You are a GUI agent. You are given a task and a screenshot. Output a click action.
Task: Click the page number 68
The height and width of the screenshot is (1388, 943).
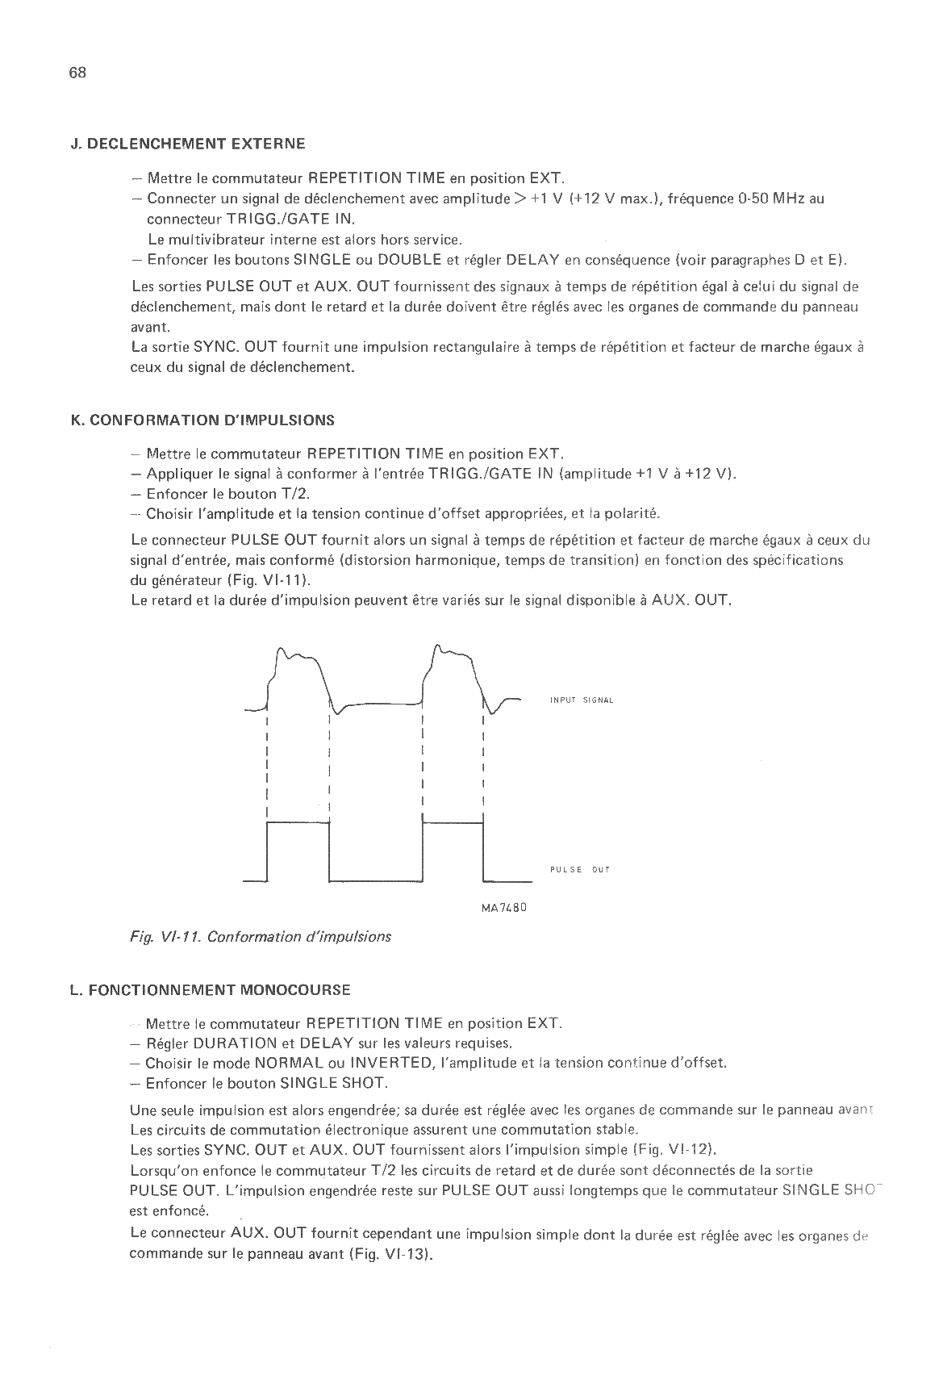tap(77, 73)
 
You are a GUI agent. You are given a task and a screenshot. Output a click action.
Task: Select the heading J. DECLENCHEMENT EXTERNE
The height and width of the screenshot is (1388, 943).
tap(188, 144)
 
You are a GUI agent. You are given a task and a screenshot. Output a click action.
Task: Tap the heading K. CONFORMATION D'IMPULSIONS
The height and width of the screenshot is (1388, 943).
tap(202, 420)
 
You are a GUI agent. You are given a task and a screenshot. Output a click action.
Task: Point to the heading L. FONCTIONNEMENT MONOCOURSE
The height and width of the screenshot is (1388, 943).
tap(211, 990)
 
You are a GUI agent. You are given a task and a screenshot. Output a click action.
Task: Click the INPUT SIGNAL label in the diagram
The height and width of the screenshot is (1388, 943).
tap(582, 700)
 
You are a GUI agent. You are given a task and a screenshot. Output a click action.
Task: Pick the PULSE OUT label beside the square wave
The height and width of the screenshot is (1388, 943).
tap(580, 870)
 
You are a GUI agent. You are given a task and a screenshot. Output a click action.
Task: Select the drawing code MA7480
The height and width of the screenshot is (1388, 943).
tap(504, 907)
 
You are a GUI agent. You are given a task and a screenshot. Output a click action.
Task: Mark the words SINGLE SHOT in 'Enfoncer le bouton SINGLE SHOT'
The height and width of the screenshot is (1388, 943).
tap(333, 1084)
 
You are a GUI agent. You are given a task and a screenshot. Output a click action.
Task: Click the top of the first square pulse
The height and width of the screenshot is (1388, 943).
tap(298, 822)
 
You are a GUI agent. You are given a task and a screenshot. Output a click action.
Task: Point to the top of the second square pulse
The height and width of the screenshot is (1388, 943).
tap(453, 822)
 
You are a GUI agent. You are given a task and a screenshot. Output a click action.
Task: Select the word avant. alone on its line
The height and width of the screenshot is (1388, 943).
tap(150, 328)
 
